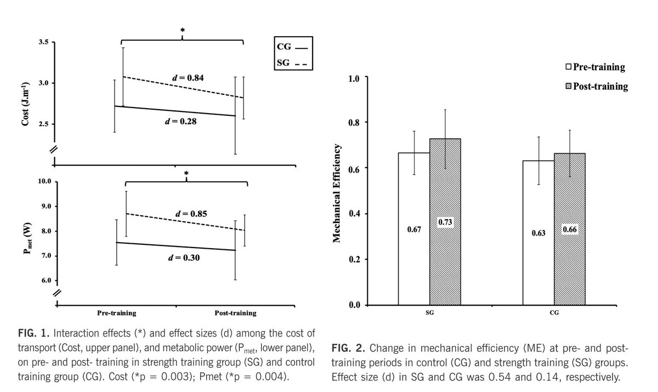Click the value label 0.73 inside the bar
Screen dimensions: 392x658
pos(445,223)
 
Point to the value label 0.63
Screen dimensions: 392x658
pos(538,233)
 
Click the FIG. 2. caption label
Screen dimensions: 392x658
pos(349,349)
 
